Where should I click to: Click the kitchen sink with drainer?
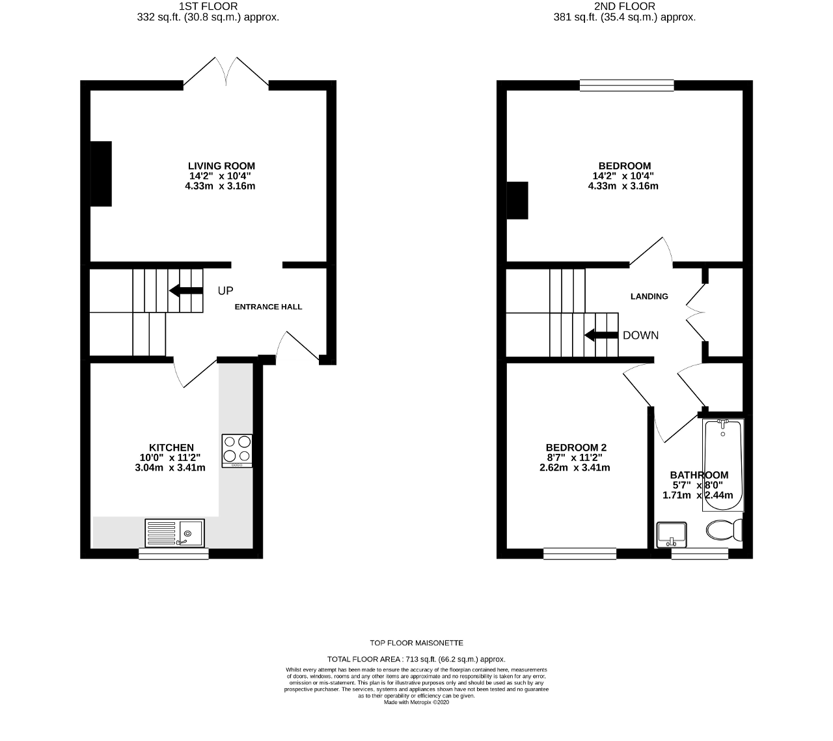tap(174, 533)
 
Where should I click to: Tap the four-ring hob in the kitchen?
tap(237, 451)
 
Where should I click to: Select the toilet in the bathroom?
tap(724, 530)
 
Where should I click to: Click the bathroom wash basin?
tap(672, 535)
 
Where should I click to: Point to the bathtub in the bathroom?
tap(723, 465)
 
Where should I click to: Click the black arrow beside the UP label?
tap(186, 290)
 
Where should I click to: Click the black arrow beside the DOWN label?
tap(601, 335)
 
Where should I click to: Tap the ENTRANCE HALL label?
tap(268, 307)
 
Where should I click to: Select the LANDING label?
tap(649, 296)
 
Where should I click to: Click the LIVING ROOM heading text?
tap(221, 166)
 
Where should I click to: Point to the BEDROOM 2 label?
tap(576, 447)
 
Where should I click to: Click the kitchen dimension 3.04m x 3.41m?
tap(170, 468)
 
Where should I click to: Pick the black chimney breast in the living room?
tap(101, 174)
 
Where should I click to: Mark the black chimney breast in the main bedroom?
tap(517, 200)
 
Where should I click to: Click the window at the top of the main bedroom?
tap(627, 85)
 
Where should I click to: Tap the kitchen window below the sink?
tap(174, 553)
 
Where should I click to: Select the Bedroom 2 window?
tap(580, 553)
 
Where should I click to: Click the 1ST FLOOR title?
tap(208, 6)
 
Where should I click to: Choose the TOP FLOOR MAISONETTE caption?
tap(416, 643)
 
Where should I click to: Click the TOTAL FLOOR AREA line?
tap(416, 659)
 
